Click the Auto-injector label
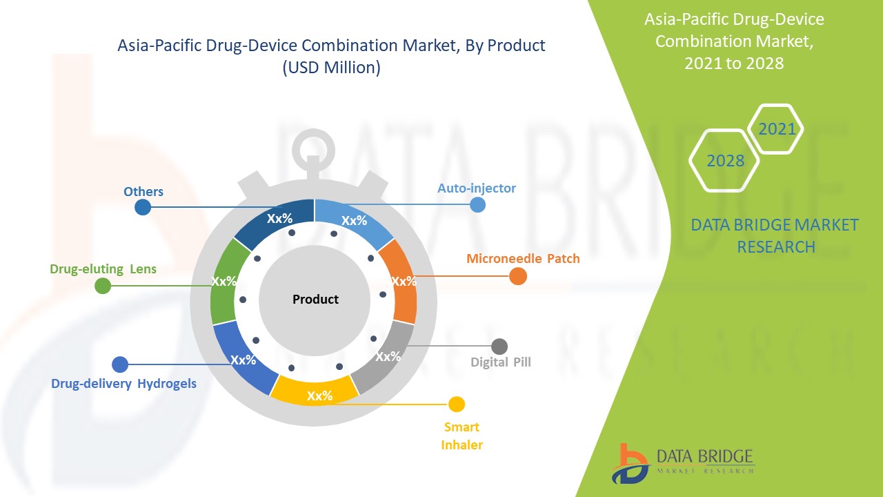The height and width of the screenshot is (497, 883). (x=476, y=188)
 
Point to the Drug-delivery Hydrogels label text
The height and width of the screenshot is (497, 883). (x=123, y=383)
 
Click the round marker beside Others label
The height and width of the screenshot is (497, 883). (x=143, y=207)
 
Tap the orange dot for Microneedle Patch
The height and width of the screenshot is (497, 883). (x=517, y=276)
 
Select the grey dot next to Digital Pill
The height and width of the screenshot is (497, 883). (x=499, y=347)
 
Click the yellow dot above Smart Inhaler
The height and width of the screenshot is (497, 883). (x=456, y=405)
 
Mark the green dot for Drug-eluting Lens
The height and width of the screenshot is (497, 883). (x=102, y=286)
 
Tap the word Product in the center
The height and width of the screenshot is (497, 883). (x=315, y=300)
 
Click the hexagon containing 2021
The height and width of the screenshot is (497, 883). (x=776, y=129)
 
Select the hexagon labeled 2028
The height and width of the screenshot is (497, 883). (x=724, y=160)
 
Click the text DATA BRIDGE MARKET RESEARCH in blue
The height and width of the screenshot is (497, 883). (x=775, y=235)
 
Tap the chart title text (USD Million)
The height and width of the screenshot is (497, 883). (x=331, y=68)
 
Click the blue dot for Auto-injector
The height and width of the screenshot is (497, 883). (x=477, y=204)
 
